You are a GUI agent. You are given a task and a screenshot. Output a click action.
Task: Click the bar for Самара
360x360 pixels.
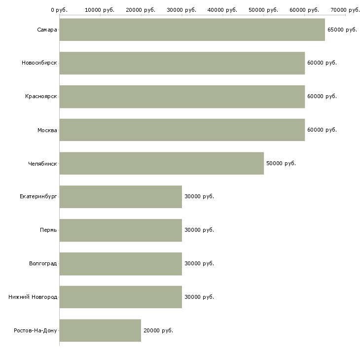click(192, 30)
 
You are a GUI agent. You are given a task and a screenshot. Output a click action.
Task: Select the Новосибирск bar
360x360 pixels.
click(182, 63)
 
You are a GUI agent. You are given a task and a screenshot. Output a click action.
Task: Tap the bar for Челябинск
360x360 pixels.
click(162, 163)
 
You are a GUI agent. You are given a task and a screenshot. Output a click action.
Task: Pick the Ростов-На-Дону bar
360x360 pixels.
click(100, 330)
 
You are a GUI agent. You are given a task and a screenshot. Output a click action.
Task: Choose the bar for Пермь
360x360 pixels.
click(121, 230)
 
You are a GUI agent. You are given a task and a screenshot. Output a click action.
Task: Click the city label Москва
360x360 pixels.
click(47, 130)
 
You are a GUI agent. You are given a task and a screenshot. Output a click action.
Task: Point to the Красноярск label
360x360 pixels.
click(41, 97)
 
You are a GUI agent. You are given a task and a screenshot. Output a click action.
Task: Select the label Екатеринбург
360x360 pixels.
click(38, 197)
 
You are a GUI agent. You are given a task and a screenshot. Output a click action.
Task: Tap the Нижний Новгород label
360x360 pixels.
click(33, 297)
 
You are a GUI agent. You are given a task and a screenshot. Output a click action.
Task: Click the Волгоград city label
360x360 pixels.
click(43, 263)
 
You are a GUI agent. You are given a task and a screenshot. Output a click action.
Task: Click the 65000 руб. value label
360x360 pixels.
click(342, 30)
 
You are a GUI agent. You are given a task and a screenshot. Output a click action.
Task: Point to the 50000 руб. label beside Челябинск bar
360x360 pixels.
click(281, 163)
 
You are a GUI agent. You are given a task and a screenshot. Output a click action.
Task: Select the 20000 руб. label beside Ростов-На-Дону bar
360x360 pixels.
click(158, 330)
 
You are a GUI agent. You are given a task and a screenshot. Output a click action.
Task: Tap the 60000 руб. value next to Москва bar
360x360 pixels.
click(322, 130)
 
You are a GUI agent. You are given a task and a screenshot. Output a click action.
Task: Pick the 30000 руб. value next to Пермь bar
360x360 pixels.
click(199, 230)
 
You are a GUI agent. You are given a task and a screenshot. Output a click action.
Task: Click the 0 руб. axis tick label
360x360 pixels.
click(59, 10)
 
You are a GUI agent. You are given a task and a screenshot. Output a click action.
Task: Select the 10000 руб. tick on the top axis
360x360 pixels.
click(100, 10)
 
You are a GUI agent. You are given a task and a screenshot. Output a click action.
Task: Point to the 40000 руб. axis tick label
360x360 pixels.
click(222, 10)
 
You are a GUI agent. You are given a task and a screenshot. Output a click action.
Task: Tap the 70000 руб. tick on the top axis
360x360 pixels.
click(345, 10)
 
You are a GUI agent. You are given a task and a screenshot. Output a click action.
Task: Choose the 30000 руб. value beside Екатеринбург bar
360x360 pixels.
click(199, 196)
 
